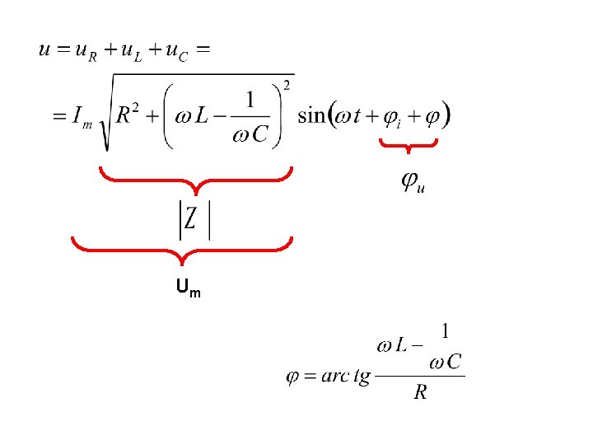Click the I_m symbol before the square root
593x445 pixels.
(82, 117)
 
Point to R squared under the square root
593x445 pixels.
(127, 113)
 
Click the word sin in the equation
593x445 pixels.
(311, 115)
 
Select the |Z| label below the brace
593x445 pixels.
(194, 220)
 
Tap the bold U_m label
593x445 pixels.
(189, 288)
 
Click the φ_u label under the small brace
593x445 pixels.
(413, 183)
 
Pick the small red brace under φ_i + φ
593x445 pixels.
(409, 144)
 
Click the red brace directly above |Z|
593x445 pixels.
(196, 180)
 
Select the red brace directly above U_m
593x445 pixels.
(182, 251)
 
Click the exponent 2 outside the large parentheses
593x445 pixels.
(287, 86)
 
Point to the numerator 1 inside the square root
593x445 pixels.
(250, 100)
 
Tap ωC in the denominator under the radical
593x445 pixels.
(250, 133)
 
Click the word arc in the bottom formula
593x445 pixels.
(335, 376)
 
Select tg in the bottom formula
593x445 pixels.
(362, 377)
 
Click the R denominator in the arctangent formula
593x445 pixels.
(420, 391)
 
